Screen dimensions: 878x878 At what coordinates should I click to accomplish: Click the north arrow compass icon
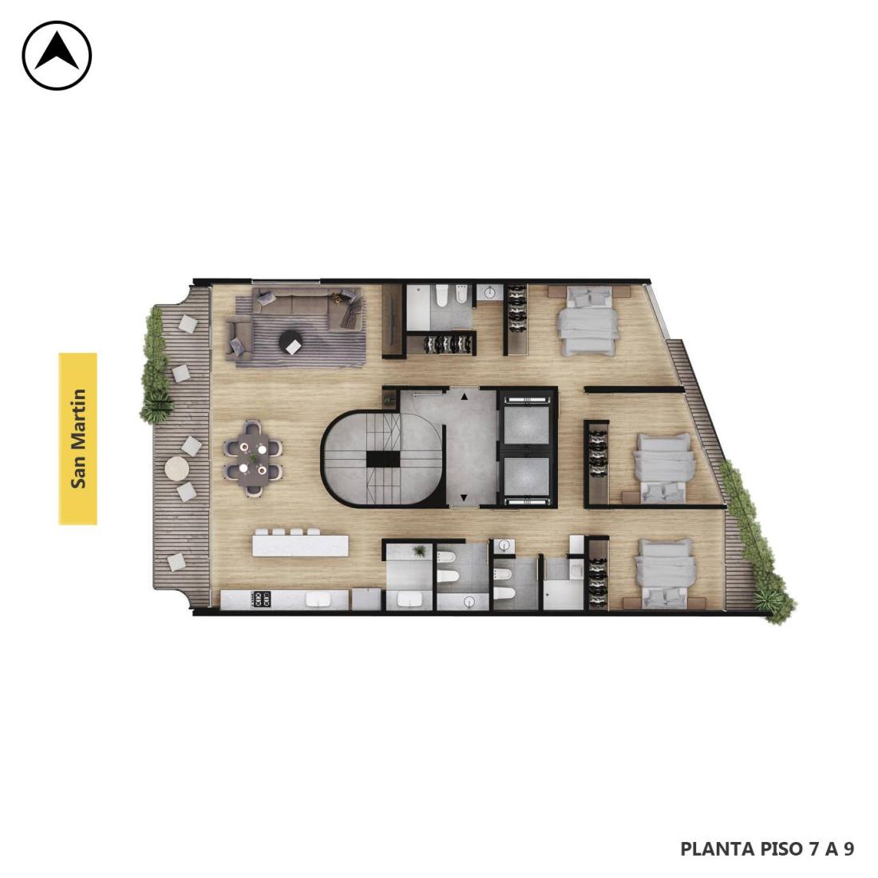[x=57, y=55]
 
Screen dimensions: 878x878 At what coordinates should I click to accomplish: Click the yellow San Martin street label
[x=78, y=438]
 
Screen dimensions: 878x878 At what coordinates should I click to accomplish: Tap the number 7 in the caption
[x=813, y=848]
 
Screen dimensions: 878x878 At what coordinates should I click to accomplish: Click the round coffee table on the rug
[x=290, y=341]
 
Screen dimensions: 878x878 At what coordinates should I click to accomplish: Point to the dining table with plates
[x=253, y=458]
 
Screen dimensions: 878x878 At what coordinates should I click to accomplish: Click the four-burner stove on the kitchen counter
[x=262, y=599]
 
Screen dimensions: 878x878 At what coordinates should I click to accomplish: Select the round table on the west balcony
[x=177, y=468]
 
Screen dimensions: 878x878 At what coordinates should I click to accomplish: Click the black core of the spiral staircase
[x=383, y=459]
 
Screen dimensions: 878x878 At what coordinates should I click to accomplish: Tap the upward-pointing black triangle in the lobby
[x=465, y=397]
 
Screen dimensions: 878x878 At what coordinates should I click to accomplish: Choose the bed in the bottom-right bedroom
[x=666, y=574]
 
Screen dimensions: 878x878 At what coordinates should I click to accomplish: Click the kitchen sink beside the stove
[x=318, y=599]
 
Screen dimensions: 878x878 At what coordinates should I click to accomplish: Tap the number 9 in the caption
[x=849, y=848]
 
